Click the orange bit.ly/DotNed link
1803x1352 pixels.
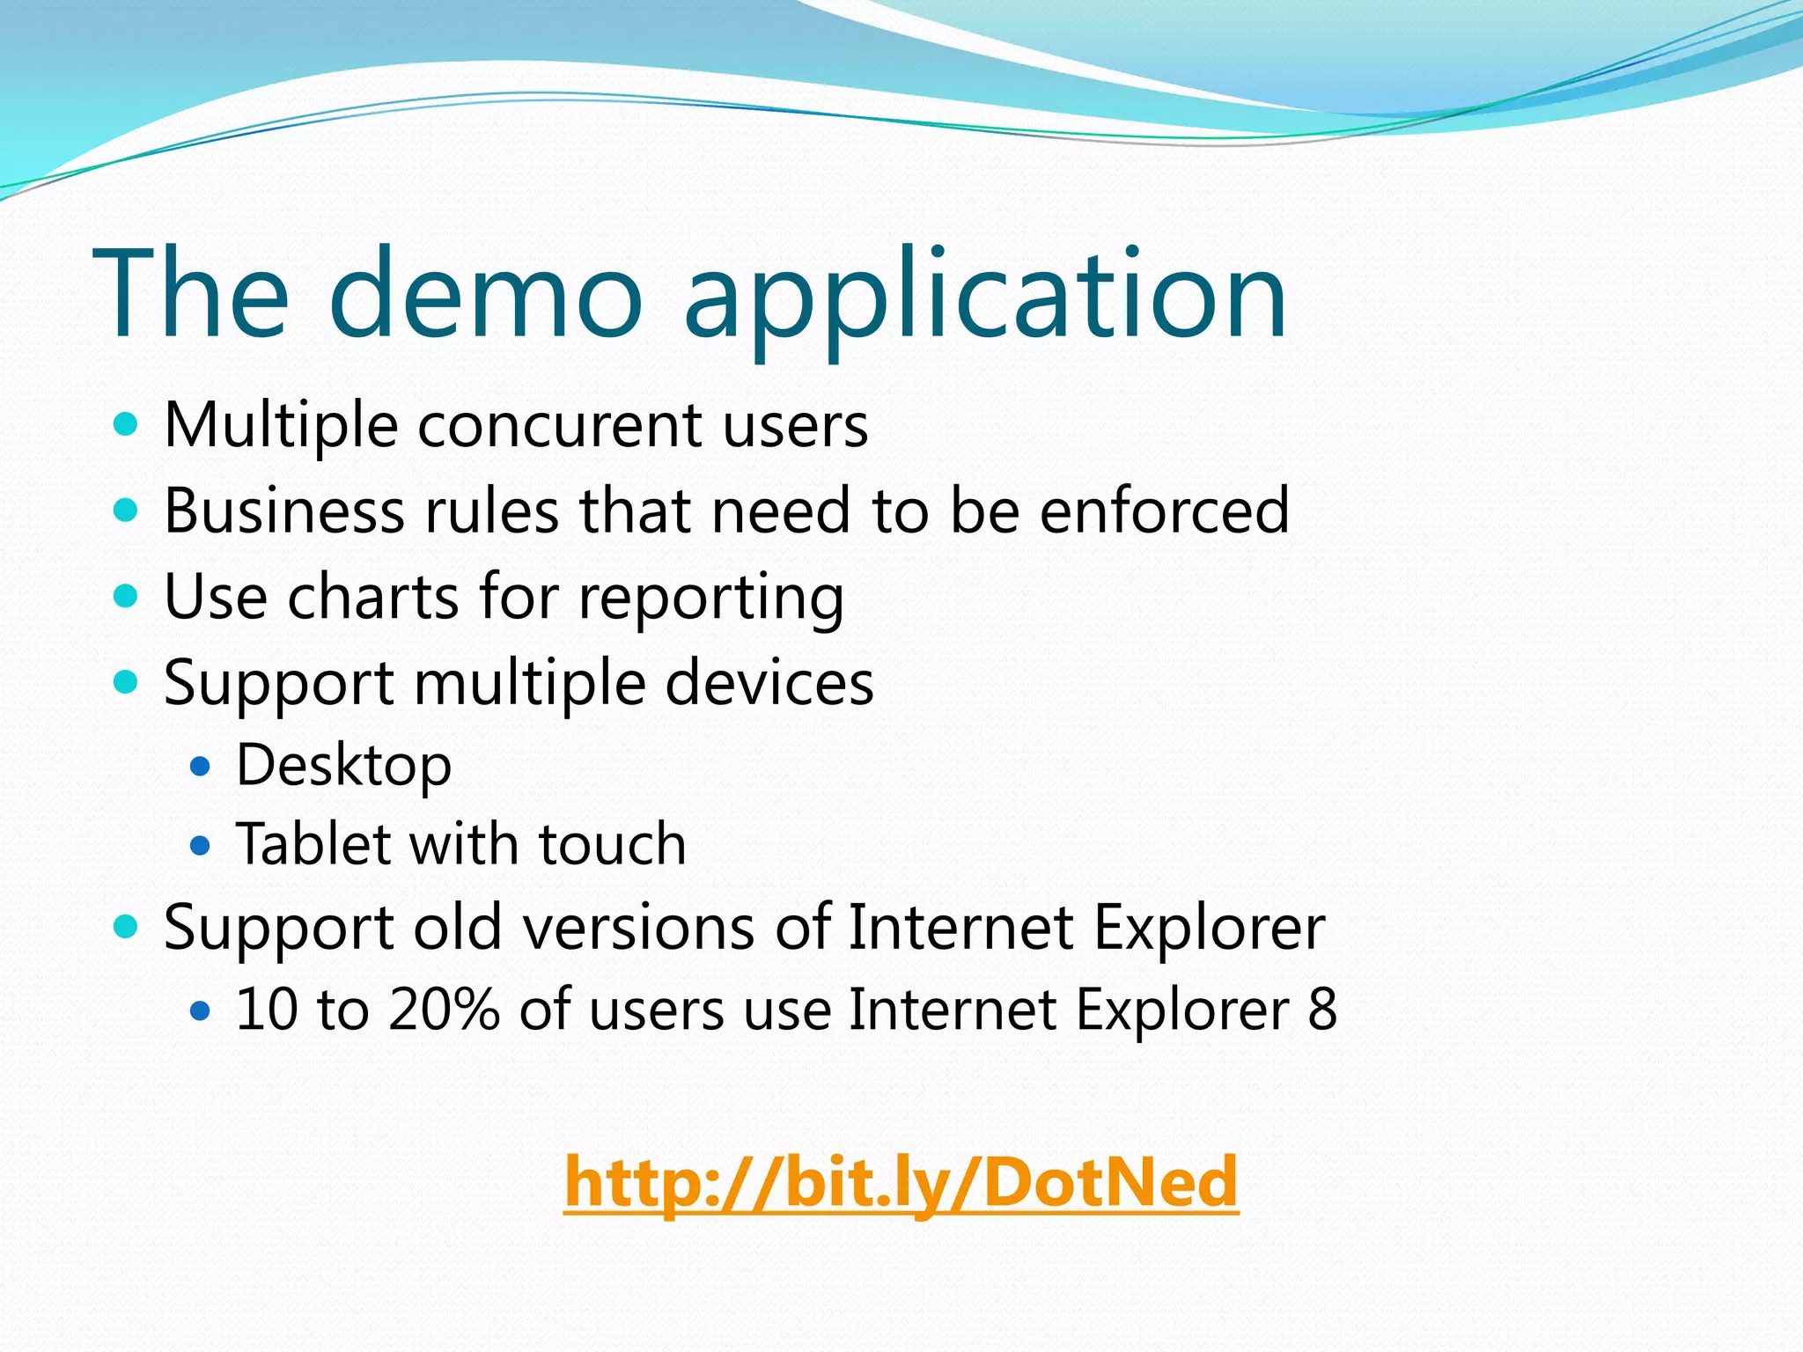pos(901,1181)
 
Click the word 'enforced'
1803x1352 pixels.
pos(1164,511)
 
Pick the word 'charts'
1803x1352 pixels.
pos(373,598)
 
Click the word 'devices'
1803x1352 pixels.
pos(769,683)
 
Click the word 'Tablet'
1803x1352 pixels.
pos(313,844)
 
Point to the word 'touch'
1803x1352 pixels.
pos(612,844)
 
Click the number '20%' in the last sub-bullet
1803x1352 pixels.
pos(444,1010)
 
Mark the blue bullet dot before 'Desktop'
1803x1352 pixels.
pos(201,767)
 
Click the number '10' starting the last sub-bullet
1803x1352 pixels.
pos(267,1010)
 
